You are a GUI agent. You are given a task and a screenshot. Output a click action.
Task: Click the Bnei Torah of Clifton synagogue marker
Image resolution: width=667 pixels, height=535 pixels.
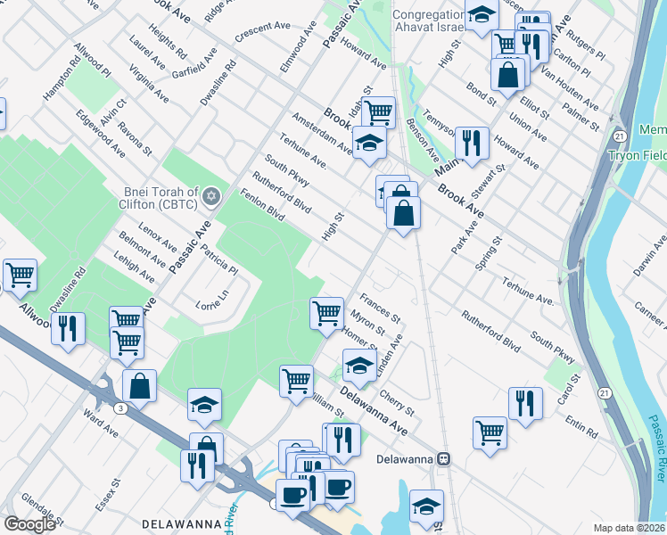(211, 195)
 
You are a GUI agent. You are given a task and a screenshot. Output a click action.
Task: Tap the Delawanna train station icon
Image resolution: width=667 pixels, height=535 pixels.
(443, 459)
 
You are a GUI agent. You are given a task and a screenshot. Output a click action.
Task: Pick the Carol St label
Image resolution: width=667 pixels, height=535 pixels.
(571, 387)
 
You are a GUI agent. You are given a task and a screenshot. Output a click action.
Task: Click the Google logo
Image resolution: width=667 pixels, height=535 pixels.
(29, 524)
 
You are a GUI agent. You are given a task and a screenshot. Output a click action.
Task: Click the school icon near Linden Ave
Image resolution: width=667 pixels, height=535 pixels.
(359, 366)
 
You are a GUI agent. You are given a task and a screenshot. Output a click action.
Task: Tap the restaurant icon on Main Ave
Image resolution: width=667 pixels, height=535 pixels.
(472, 142)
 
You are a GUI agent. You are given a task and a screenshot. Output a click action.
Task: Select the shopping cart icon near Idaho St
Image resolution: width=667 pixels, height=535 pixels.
(379, 112)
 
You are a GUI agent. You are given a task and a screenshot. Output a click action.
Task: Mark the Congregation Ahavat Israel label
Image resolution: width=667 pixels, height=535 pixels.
(430, 21)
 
